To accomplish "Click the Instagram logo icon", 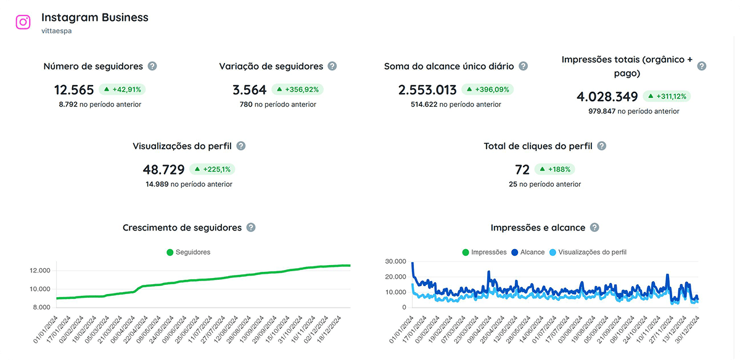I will tap(23, 22).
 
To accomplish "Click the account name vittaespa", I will tap(57, 30).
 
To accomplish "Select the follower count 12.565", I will tap(75, 90).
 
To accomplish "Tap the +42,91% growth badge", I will tap(122, 89).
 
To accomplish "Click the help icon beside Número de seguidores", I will tap(152, 66).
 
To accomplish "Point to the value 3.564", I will tap(250, 90).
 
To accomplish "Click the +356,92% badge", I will tap(297, 89).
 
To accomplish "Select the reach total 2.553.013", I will tap(427, 90).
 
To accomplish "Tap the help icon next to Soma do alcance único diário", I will tap(524, 66).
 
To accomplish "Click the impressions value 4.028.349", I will tap(607, 97).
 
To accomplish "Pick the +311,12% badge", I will tap(667, 96).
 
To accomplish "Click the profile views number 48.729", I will tap(163, 170).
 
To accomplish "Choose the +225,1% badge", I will tap(212, 169).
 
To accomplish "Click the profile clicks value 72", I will tap(522, 170).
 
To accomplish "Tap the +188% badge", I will tap(554, 169).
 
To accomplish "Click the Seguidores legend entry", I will tap(189, 252).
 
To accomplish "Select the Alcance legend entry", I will tap(528, 252).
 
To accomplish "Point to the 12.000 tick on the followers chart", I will tap(39, 271).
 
